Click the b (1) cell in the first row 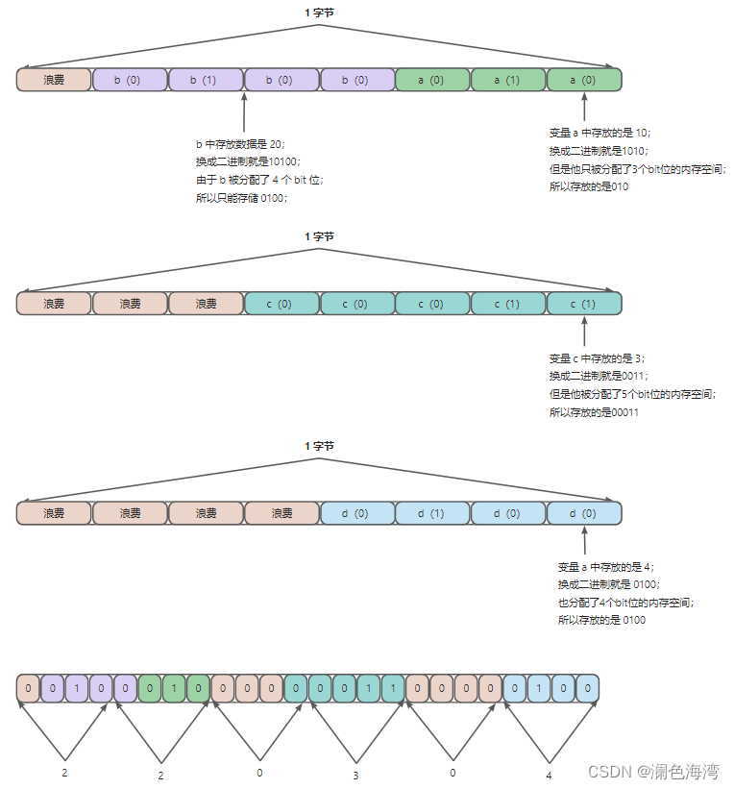point(206,80)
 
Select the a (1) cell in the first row point(508,80)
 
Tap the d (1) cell point(432,513)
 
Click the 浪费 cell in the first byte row point(54,80)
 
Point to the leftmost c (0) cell point(281,304)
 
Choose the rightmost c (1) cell point(584,304)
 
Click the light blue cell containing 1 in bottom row point(540,688)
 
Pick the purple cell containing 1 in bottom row point(78,688)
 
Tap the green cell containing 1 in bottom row point(174,688)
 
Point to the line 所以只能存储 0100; point(241,198)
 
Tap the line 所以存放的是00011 point(594,412)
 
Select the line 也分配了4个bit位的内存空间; point(625,603)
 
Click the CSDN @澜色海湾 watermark point(653,771)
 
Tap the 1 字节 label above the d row point(319,446)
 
